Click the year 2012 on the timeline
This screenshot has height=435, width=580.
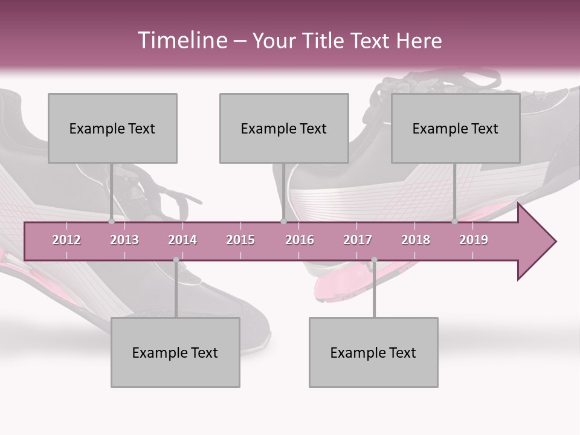coord(66,240)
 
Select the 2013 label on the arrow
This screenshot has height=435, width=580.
coord(124,240)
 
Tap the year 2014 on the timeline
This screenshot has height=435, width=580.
coord(182,240)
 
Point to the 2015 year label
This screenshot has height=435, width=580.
coord(240,240)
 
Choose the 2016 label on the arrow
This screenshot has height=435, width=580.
coord(300,240)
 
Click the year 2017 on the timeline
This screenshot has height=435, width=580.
coord(358,240)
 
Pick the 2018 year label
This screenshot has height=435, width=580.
coord(416,240)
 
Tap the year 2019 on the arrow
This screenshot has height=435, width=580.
coord(474,240)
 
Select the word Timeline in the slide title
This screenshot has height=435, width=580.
coord(181,40)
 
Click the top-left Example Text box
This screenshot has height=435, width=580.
coord(112,128)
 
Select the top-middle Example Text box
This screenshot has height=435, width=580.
coord(284,128)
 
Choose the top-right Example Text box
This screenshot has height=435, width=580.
coord(456,128)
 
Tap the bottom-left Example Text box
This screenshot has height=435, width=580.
coord(175,352)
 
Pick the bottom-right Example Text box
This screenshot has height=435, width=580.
coord(373,352)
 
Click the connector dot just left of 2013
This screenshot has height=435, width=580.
coord(112,222)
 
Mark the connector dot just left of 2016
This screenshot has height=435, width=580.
coord(283,222)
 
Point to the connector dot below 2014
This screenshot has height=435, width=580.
coord(176,260)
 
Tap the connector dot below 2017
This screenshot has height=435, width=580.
coord(374,260)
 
